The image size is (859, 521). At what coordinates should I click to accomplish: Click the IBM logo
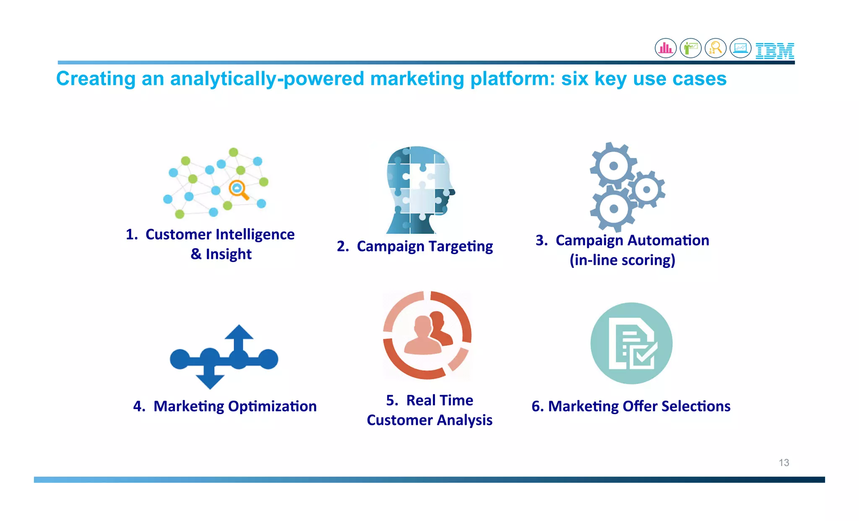click(x=775, y=51)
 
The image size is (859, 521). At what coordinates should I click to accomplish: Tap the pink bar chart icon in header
click(x=666, y=48)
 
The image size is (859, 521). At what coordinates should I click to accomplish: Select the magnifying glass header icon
click(x=716, y=48)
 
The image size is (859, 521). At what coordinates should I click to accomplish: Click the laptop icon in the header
click(x=740, y=48)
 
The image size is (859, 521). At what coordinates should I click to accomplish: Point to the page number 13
click(x=784, y=463)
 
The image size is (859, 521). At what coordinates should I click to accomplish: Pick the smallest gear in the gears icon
click(x=647, y=189)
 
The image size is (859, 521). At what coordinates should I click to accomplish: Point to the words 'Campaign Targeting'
click(x=424, y=246)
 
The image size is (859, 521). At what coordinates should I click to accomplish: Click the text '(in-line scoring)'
click(x=622, y=260)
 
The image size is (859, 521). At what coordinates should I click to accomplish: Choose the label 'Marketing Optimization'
click(x=235, y=407)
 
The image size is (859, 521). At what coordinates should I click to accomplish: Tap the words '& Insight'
click(x=221, y=254)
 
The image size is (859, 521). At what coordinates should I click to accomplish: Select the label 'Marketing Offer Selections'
click(x=639, y=407)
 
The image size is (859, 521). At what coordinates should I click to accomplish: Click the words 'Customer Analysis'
click(x=429, y=420)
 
